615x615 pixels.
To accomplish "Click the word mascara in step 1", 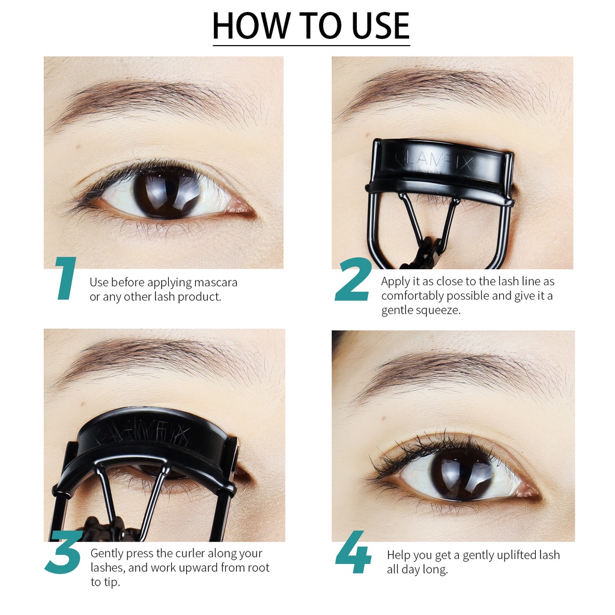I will pos(216,282).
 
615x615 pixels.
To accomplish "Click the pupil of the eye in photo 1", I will pos(166,193).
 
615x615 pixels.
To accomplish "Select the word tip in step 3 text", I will pos(112,582).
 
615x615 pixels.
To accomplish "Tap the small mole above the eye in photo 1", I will pos(79,145).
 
